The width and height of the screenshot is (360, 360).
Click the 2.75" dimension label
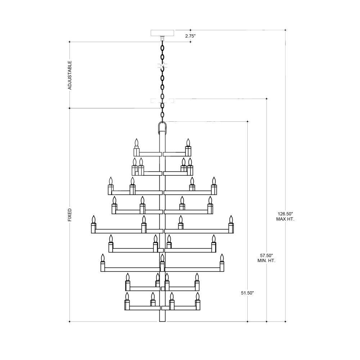click(190, 36)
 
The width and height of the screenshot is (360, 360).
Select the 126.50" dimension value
click(285, 213)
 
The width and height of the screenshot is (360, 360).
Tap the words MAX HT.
click(285, 219)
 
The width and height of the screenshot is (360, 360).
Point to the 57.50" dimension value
click(266, 255)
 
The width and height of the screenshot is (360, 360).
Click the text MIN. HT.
click(266, 261)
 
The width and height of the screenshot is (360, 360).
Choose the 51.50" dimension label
click(247, 293)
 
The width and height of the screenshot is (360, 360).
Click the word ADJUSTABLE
click(70, 75)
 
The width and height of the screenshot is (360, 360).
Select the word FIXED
click(70, 215)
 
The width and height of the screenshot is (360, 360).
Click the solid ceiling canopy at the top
click(162, 33)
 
